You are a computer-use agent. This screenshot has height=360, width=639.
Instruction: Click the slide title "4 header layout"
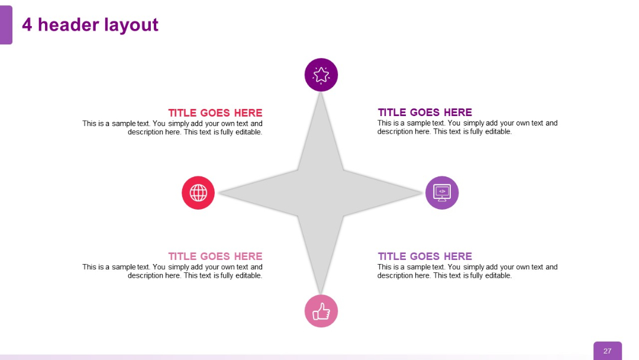click(x=90, y=25)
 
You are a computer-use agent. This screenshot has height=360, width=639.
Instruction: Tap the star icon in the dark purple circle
click(x=321, y=75)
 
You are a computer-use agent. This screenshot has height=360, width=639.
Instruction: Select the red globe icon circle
click(x=198, y=192)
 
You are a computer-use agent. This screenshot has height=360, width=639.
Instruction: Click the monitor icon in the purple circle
click(x=442, y=192)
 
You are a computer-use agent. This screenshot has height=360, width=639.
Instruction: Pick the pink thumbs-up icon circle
click(x=321, y=311)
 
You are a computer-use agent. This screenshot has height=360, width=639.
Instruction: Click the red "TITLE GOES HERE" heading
click(x=215, y=113)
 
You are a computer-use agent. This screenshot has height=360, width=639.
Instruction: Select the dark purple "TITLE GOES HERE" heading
click(x=425, y=112)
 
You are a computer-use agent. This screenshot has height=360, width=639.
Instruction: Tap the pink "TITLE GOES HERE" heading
click(x=215, y=256)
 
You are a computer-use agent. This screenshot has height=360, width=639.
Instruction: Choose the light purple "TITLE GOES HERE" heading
click(x=425, y=256)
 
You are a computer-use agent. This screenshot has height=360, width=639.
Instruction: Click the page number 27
click(x=608, y=351)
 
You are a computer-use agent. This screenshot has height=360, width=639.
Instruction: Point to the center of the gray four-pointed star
click(x=321, y=193)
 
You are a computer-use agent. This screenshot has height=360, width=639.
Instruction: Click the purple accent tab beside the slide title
click(x=6, y=25)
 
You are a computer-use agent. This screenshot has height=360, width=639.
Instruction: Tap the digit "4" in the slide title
click(x=27, y=25)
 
